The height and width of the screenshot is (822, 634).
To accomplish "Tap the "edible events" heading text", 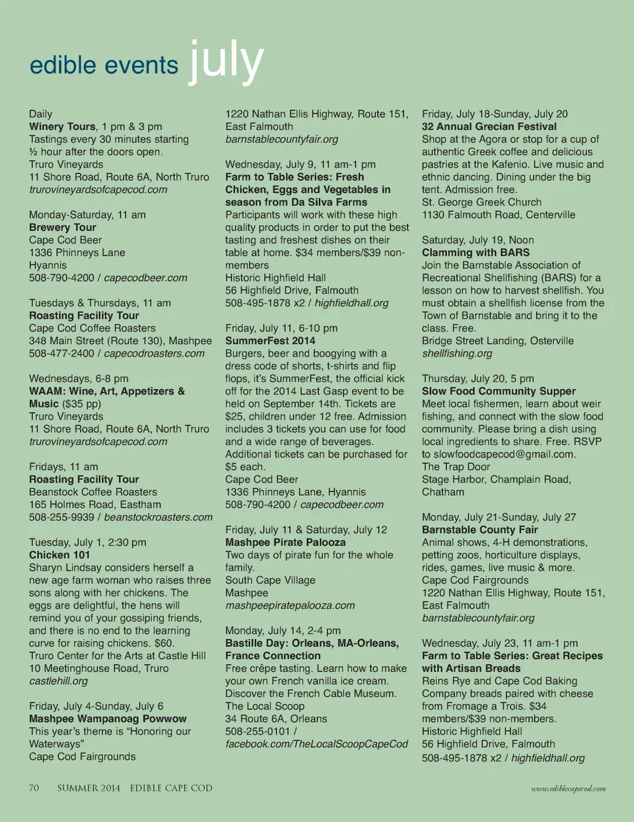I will (104, 65).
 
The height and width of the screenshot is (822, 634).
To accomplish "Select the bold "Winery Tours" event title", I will (63, 126).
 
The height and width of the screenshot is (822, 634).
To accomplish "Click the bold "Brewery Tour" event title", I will (63, 227).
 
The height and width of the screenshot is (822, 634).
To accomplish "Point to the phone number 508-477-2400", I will (61, 353).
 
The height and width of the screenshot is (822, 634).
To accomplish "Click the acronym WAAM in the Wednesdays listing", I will (46, 391).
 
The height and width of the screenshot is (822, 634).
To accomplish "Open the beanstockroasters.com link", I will (158, 517).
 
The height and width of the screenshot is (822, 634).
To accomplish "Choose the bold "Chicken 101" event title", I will (59, 555).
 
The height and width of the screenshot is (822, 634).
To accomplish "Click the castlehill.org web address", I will (58, 681).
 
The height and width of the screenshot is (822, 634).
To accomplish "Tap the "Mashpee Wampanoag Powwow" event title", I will (108, 718).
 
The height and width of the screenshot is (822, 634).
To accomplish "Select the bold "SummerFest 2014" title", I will (270, 341).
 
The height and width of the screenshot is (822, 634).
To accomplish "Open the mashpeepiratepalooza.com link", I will (290, 605).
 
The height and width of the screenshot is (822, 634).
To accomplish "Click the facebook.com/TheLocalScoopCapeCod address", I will (316, 743).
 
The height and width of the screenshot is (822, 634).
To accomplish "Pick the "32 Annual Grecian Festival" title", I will (489, 126).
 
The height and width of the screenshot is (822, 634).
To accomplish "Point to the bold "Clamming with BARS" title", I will (475, 252).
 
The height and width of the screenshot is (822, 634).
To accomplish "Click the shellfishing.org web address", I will (457, 353).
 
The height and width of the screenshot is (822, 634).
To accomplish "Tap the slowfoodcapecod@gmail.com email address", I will (505, 454).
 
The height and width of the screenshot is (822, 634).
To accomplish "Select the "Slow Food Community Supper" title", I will (499, 391).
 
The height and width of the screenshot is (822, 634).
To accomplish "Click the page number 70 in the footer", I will (34, 788).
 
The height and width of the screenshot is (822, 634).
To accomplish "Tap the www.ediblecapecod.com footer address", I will (569, 788).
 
